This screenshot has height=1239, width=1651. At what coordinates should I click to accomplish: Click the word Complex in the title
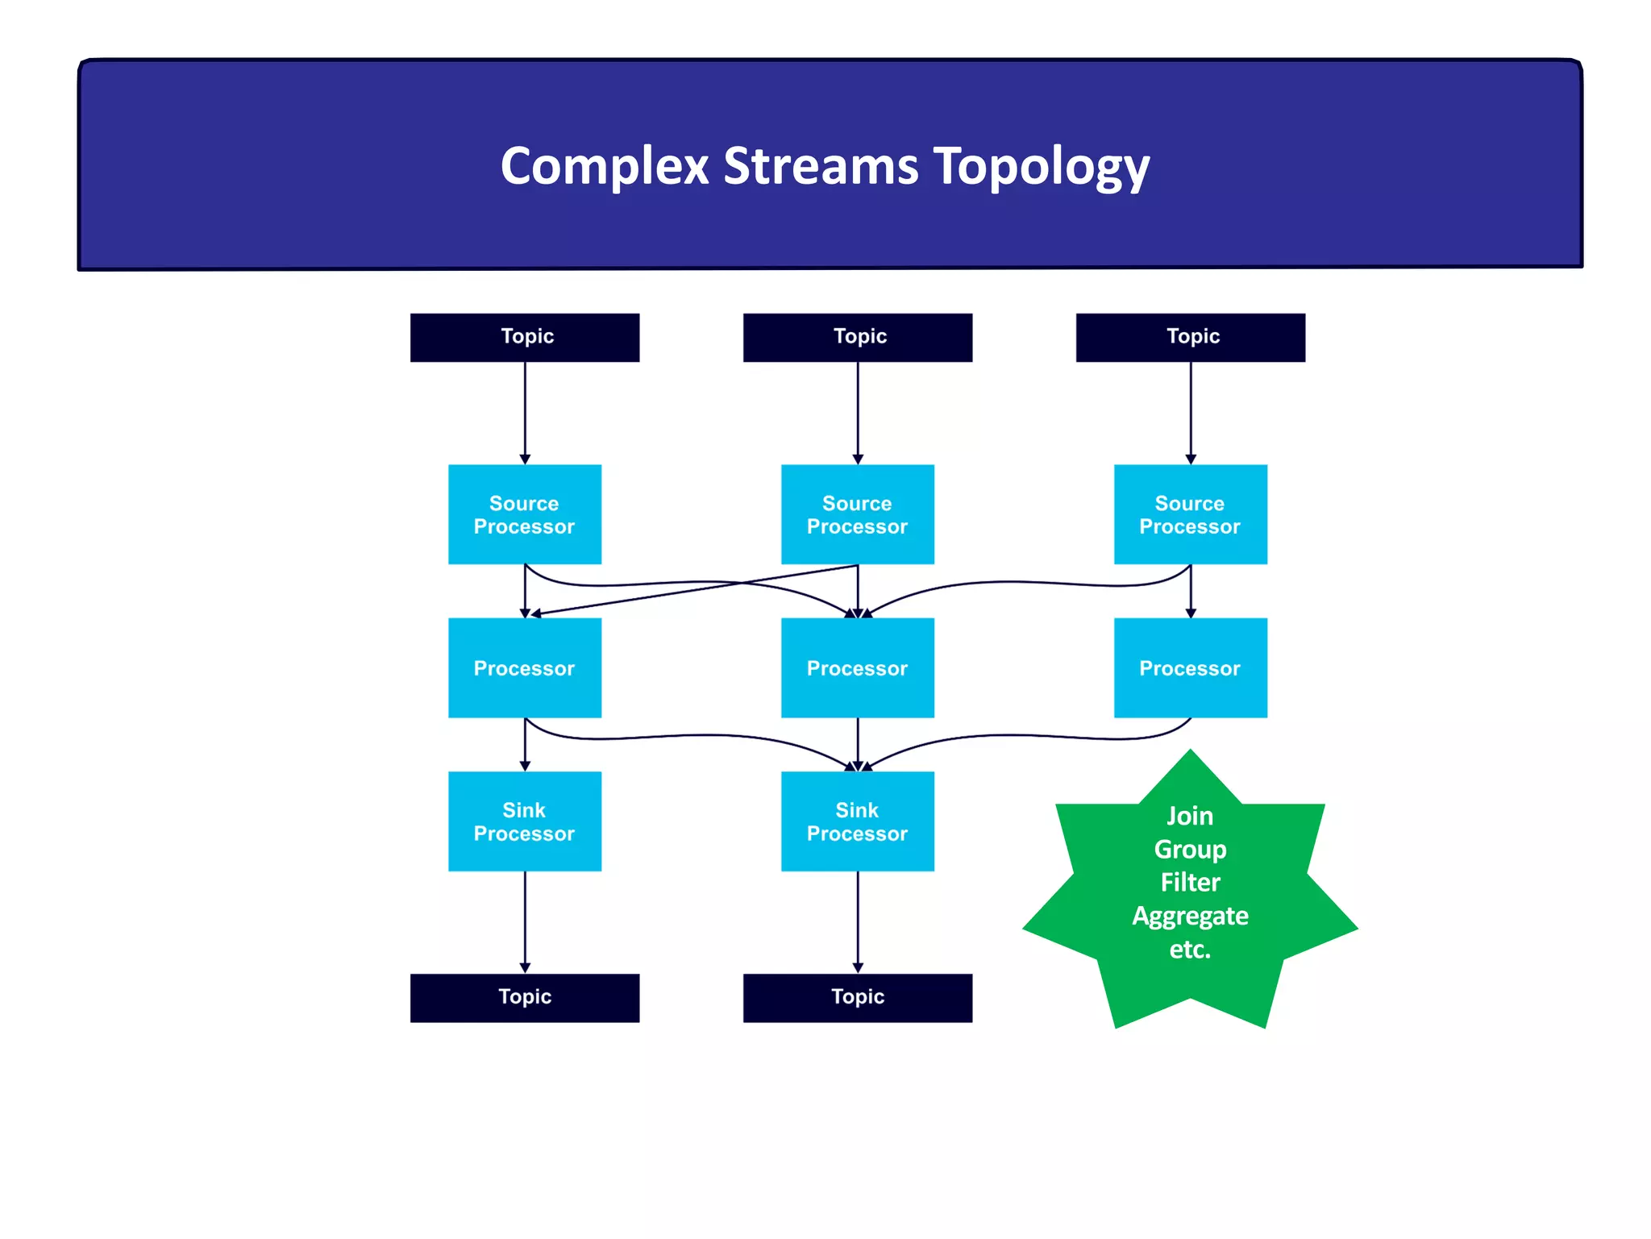[604, 166]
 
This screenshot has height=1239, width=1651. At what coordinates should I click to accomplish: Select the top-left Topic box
[525, 337]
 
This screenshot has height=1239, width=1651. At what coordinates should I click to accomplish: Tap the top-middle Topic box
[857, 337]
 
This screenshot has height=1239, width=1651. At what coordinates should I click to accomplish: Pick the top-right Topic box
[1190, 337]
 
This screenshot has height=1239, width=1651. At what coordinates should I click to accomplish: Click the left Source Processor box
[525, 514]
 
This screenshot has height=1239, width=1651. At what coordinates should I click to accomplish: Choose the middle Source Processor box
[857, 514]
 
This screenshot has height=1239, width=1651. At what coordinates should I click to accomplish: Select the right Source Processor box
[1190, 514]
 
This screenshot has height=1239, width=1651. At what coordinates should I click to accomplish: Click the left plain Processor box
[525, 667]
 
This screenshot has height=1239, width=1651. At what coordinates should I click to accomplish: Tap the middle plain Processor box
[857, 667]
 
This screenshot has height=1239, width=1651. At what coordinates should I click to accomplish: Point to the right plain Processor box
[1190, 667]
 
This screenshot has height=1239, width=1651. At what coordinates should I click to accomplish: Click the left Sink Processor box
[525, 821]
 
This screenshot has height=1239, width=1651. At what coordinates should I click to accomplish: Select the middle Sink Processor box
[857, 821]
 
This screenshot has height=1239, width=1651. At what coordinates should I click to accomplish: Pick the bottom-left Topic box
[525, 997]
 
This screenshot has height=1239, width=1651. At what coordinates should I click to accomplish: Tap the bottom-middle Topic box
[857, 997]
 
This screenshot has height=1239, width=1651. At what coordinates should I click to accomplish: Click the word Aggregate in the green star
[1190, 916]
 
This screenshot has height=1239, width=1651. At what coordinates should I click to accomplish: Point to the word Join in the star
[1190, 816]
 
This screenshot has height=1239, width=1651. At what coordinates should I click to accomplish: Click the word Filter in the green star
[1190, 882]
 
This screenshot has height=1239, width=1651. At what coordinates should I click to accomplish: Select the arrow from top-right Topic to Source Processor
[1191, 411]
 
